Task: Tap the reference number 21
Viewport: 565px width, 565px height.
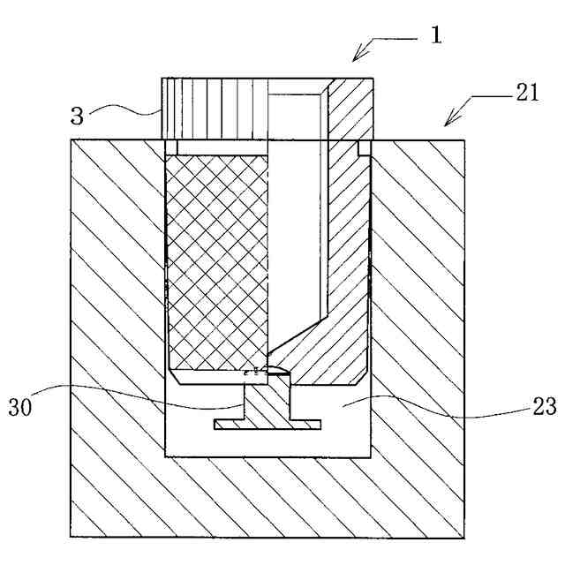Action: (x=528, y=93)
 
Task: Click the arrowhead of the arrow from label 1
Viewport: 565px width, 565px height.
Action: (x=355, y=58)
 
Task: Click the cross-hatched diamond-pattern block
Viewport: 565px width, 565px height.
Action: (x=216, y=260)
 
